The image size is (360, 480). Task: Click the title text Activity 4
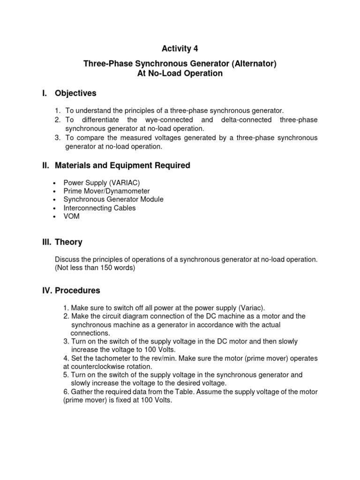tap(176, 49)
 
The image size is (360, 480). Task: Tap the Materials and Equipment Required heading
tap(122, 165)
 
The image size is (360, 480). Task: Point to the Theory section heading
tap(68, 242)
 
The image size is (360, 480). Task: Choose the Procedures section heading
tap(77, 290)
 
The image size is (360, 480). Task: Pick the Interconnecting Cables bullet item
tap(99, 208)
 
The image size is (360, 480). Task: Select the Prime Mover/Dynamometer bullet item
tap(106, 191)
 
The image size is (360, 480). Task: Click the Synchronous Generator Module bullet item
tap(113, 199)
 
